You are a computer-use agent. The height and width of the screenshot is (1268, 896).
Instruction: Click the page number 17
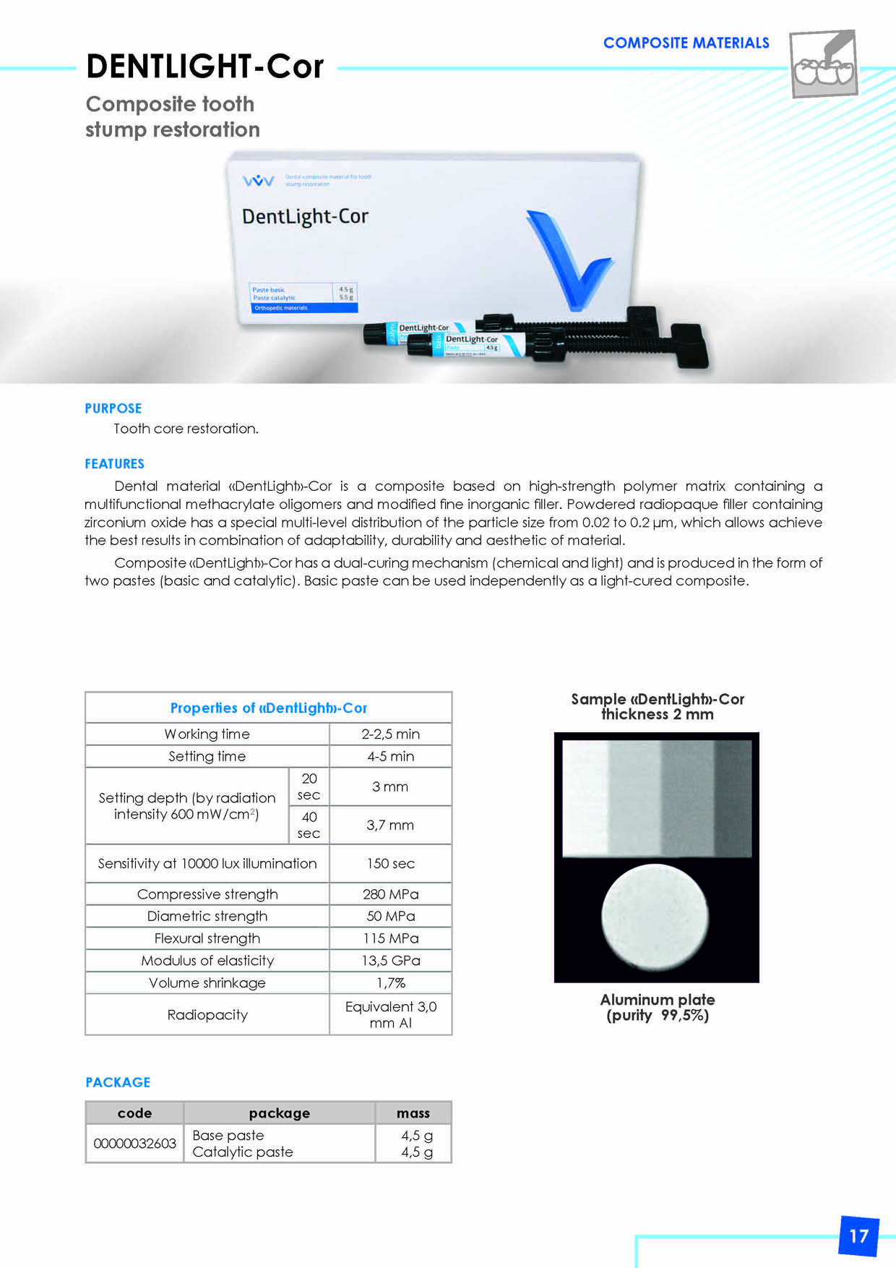(858, 1235)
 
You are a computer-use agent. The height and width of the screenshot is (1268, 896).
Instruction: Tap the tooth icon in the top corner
(824, 64)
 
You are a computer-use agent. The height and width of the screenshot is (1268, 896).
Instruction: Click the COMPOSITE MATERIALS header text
(686, 43)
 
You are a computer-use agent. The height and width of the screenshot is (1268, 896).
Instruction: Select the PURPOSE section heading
(113, 408)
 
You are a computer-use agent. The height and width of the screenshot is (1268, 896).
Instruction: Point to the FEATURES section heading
(114, 464)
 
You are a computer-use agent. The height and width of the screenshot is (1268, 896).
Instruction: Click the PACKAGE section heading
(118, 1082)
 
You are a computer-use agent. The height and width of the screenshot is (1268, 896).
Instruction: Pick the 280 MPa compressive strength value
(390, 894)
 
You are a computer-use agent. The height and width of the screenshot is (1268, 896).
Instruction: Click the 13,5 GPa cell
(390, 961)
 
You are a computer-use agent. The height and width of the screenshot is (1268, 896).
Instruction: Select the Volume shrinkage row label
(207, 983)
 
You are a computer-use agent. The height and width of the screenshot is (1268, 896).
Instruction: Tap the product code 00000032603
(134, 1143)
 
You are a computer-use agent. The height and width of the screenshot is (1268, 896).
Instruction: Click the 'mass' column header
(413, 1113)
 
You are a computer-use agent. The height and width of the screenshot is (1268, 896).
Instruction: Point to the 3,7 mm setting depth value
(390, 825)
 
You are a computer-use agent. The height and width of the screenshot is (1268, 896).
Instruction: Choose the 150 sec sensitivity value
(390, 863)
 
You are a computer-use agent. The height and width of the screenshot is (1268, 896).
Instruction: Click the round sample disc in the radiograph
(655, 916)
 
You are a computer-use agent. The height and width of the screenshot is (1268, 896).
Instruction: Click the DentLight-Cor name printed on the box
(305, 216)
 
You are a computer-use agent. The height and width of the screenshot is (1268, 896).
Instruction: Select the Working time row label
(207, 734)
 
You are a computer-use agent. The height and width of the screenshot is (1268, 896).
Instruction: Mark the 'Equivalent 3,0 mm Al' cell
(390, 1014)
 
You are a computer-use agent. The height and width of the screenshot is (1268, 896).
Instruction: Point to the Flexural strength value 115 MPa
(390, 938)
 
